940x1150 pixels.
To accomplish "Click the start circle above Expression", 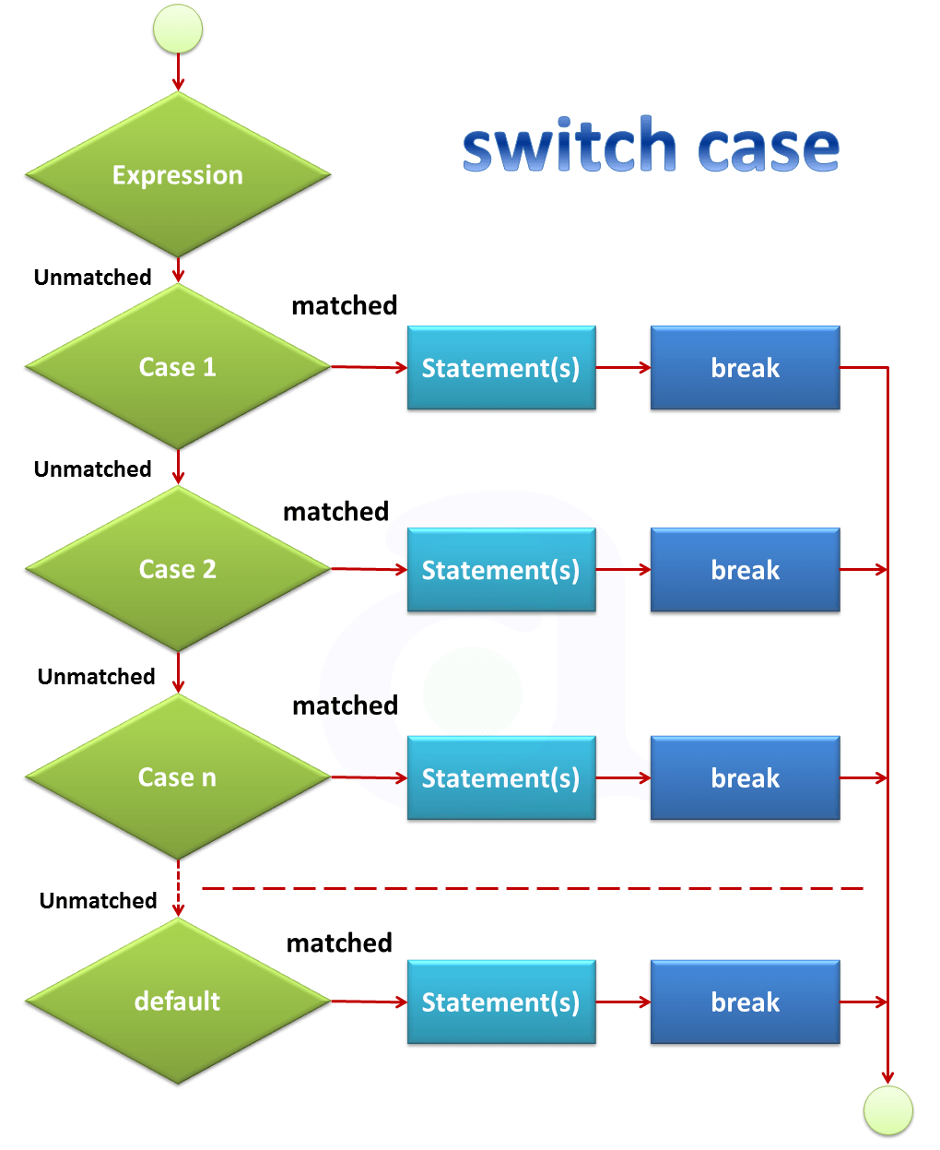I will (177, 29).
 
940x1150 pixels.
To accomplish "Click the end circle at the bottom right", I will (887, 1110).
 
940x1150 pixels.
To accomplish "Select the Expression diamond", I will (178, 174).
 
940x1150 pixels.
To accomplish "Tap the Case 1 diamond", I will (178, 367).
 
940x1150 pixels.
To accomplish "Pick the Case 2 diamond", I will (178, 569).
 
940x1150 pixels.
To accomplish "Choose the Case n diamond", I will (178, 777).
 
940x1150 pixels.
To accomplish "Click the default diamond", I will (178, 1001).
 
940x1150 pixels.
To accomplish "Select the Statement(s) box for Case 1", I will (501, 368).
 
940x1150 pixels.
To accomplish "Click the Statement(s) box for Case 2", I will (501, 570).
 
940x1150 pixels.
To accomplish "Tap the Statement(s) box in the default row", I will (501, 1002).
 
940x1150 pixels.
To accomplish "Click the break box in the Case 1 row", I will (745, 368).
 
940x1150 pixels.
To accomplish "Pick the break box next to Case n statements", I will (745, 778).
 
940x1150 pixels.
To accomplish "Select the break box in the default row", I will (745, 1002).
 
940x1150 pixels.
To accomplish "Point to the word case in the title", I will (769, 148).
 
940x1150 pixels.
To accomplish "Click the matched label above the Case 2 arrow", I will (335, 511).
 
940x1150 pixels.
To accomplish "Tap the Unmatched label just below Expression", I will (92, 277).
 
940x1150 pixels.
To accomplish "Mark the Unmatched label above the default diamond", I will (98, 900).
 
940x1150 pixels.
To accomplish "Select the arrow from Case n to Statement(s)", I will (369, 778).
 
